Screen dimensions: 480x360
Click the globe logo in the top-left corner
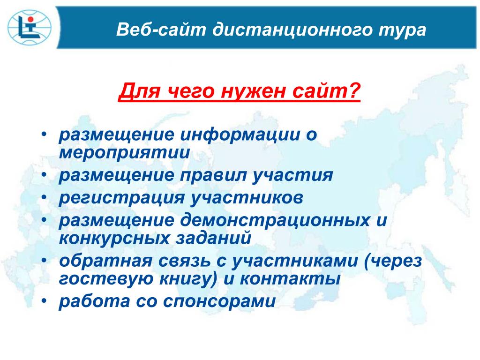[x=30, y=28]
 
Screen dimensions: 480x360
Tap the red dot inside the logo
[x=30, y=20]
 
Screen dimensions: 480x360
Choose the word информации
[x=240, y=135]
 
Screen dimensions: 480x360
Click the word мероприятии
[x=124, y=153]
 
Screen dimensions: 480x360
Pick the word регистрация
[x=122, y=198]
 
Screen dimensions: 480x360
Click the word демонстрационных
[x=275, y=221]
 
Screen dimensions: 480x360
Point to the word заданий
[x=213, y=238]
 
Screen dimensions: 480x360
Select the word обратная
[x=105, y=261]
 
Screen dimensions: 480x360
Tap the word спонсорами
[x=219, y=302]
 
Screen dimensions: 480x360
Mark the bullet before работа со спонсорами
[x=45, y=301]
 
